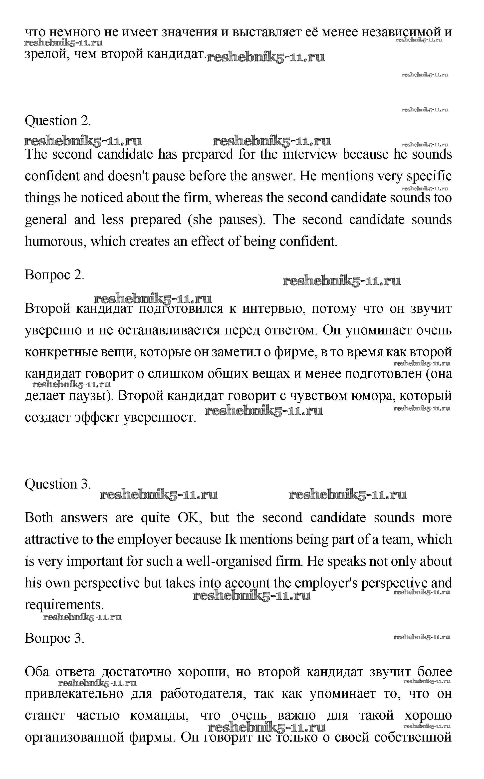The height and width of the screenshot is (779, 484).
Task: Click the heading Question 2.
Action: pyautogui.click(x=58, y=121)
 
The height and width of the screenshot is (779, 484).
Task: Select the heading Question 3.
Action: pyautogui.click(x=58, y=484)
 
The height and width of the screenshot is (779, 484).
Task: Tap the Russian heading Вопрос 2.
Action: pyautogui.click(x=54, y=274)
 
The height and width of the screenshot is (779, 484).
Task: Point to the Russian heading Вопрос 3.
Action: pyautogui.click(x=54, y=638)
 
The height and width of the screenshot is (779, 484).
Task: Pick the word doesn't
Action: pyautogui.click(x=128, y=176)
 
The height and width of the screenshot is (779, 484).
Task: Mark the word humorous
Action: pyautogui.click(x=53, y=241)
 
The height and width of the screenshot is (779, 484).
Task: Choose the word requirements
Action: pyautogui.click(x=64, y=605)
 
